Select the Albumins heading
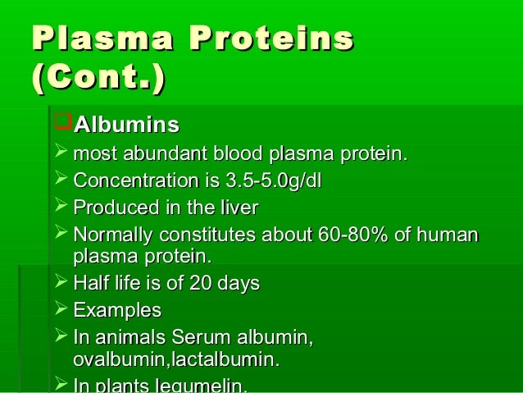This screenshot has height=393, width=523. (x=126, y=126)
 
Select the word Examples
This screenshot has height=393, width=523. (x=117, y=311)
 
